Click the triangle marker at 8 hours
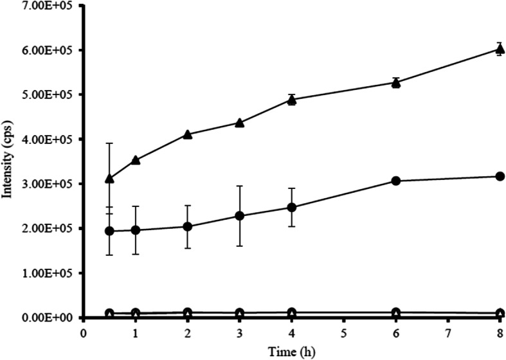(x=500, y=49)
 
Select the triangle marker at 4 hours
(x=291, y=100)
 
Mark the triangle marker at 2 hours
(x=188, y=134)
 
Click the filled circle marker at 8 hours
(x=500, y=176)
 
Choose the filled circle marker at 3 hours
(x=240, y=216)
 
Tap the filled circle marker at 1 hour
(x=136, y=230)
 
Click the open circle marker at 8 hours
(x=500, y=314)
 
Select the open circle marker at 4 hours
(x=291, y=313)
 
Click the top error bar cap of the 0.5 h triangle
(x=109, y=143)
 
